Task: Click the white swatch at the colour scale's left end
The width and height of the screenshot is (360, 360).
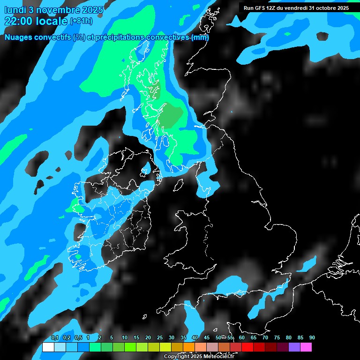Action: [x=48, y=347]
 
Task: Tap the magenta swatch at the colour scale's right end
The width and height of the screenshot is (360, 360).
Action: [x=306, y=347]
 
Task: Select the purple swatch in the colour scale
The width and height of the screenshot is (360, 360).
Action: [x=294, y=347]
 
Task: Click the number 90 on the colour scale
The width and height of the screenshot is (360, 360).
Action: [x=312, y=338]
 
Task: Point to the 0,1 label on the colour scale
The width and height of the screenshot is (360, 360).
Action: [x=55, y=338]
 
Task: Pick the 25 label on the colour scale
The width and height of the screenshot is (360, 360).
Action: [x=160, y=338]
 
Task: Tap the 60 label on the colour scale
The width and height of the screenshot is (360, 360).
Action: [x=242, y=338]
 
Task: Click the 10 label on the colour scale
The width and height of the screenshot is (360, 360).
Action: [x=125, y=338]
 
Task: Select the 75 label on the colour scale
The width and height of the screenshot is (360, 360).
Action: [x=277, y=338]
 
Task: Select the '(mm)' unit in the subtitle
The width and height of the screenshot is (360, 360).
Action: [x=200, y=37]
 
